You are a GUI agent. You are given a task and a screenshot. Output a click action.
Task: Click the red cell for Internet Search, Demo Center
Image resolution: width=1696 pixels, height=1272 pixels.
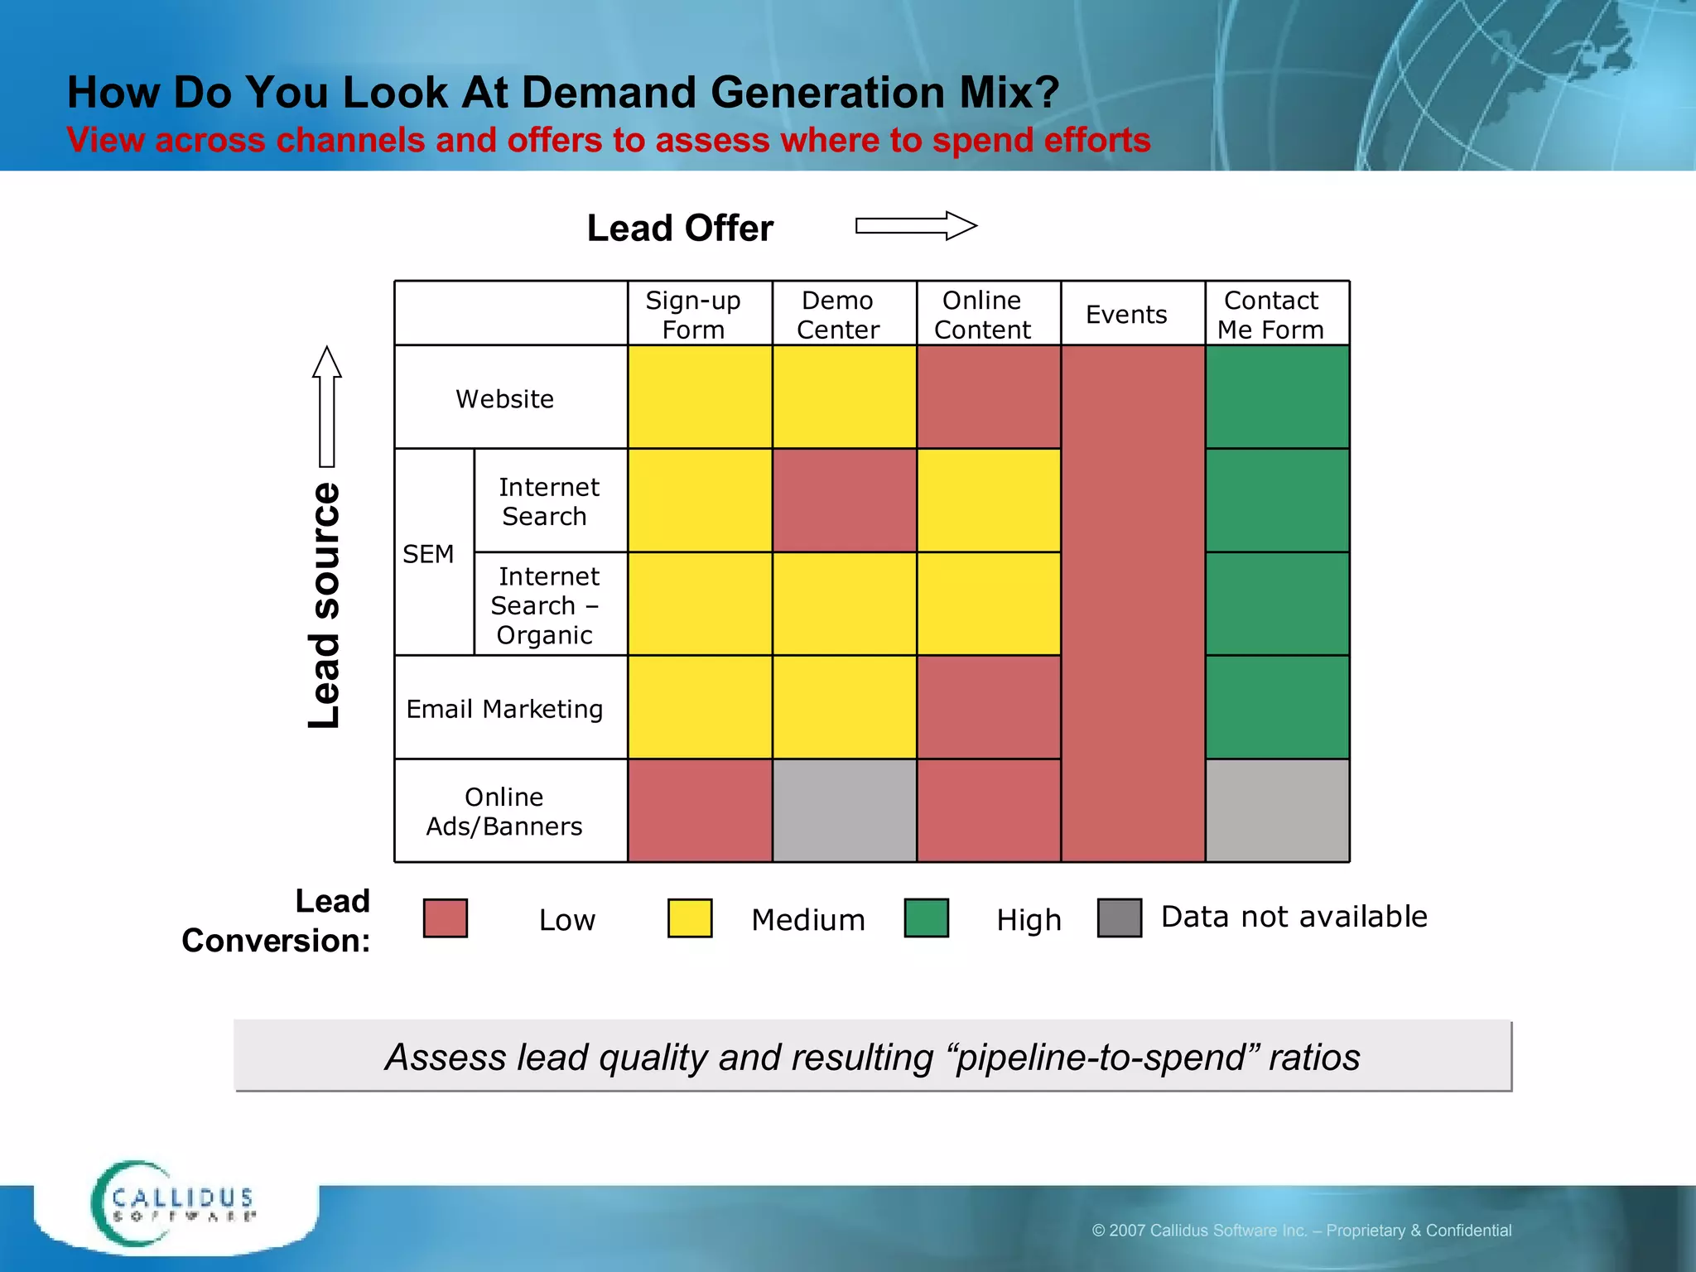pyautogui.click(x=844, y=500)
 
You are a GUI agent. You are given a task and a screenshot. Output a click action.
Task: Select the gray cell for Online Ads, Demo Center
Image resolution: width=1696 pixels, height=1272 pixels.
pyautogui.click(x=844, y=811)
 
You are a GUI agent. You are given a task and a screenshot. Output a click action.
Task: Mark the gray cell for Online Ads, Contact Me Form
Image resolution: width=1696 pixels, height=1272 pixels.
pyautogui.click(x=1276, y=811)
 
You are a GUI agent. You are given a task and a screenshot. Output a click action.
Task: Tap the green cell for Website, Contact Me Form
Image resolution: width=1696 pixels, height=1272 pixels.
pyautogui.click(x=1276, y=397)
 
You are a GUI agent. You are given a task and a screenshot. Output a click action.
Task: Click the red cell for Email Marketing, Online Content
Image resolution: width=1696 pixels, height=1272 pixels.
pyautogui.click(x=988, y=707)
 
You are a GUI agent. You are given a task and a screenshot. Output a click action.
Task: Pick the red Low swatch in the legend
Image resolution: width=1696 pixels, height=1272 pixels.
pyautogui.click(x=445, y=918)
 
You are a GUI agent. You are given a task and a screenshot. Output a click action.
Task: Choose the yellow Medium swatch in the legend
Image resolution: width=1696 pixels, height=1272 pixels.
pyautogui.click(x=689, y=918)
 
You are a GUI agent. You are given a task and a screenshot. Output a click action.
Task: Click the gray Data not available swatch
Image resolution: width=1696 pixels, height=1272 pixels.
pyautogui.click(x=1119, y=918)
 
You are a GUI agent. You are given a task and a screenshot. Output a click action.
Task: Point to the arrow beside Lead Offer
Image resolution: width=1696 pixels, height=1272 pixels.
pyautogui.click(x=916, y=225)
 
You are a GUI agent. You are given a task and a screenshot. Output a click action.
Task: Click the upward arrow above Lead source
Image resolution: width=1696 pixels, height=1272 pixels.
pyautogui.click(x=327, y=406)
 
